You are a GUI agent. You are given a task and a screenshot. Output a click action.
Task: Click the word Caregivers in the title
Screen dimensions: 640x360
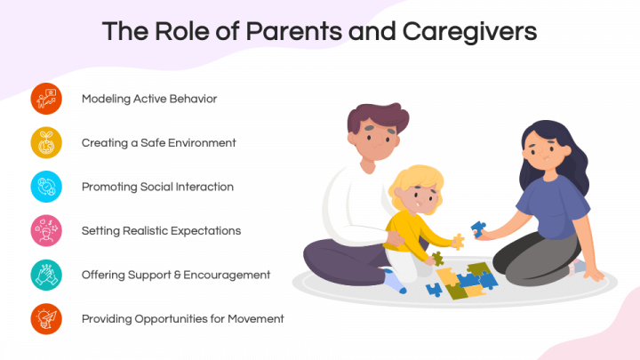(x=469, y=32)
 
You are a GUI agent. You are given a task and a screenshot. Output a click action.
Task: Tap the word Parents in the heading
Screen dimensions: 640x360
(x=294, y=31)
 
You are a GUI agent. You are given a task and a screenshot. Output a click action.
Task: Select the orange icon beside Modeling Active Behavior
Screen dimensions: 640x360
(x=46, y=99)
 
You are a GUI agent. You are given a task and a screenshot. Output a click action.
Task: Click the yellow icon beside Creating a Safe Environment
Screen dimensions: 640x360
(x=46, y=143)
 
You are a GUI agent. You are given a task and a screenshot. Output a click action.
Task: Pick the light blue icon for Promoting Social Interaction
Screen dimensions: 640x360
(x=46, y=187)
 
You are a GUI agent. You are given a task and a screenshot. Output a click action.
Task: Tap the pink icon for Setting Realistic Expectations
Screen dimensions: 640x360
(x=46, y=231)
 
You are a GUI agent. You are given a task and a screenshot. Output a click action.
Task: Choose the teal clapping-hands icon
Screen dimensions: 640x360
(x=46, y=275)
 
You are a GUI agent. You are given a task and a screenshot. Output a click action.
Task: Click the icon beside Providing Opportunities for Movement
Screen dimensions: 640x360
(x=46, y=319)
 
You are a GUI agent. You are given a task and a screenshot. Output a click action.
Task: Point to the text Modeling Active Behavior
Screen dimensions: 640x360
(x=149, y=100)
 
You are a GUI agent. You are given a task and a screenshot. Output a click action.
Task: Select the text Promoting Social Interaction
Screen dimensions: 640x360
(x=157, y=187)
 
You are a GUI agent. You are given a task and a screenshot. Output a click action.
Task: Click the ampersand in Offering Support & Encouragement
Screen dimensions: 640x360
(x=177, y=275)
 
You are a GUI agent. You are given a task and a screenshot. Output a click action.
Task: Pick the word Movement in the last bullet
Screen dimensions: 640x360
(x=255, y=319)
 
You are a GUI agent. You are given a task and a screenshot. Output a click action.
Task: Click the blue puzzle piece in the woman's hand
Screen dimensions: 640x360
(x=478, y=228)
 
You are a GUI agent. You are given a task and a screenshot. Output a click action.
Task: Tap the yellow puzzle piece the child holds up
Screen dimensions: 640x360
(x=459, y=241)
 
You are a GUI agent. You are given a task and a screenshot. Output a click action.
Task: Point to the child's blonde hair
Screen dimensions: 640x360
(x=414, y=181)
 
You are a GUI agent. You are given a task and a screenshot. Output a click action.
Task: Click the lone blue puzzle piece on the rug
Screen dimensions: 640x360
(x=434, y=290)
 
